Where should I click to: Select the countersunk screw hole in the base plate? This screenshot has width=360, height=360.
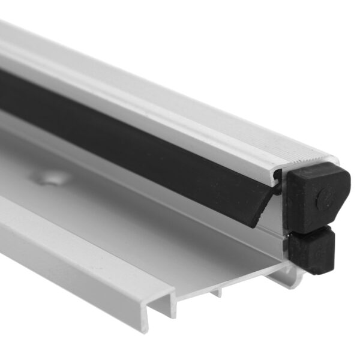(x=50, y=177)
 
